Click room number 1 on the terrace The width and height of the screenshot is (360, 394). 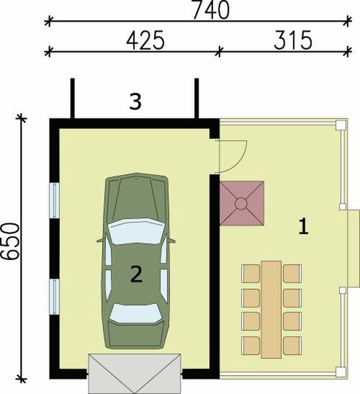[304, 227]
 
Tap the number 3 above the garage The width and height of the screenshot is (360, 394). [134, 102]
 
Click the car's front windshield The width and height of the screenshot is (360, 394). [135, 231]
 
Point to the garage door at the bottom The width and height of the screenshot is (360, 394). [135, 373]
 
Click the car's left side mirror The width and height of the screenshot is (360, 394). [99, 240]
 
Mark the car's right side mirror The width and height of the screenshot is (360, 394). [172, 240]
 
